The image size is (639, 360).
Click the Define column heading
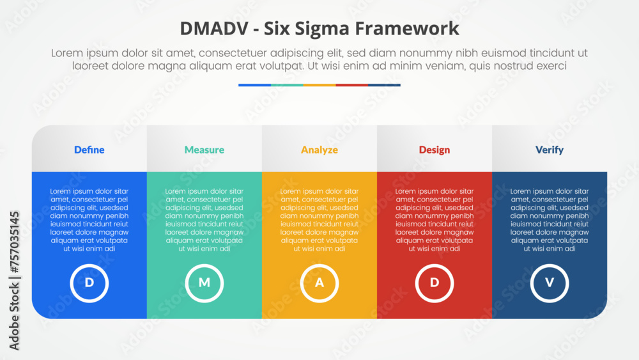point(89,150)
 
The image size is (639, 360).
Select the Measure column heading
point(204,150)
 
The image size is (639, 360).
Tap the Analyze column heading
point(319,150)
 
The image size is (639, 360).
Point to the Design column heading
point(435,150)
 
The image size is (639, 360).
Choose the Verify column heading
point(550,150)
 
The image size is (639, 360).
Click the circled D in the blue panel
point(89,283)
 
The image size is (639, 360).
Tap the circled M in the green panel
point(204,283)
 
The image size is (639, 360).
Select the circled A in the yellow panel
point(319,283)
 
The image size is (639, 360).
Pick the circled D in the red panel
point(435,283)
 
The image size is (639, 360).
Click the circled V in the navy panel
point(550,283)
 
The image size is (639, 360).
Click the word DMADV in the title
point(214,29)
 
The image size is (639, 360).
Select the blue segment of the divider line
point(255,85)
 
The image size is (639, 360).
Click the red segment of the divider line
point(351,85)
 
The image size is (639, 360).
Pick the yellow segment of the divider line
point(319,85)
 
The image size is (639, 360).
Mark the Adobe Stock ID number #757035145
point(15,242)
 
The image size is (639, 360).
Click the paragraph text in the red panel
point(435,220)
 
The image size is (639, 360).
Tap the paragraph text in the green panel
point(204,220)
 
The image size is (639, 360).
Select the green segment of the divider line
point(287,85)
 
